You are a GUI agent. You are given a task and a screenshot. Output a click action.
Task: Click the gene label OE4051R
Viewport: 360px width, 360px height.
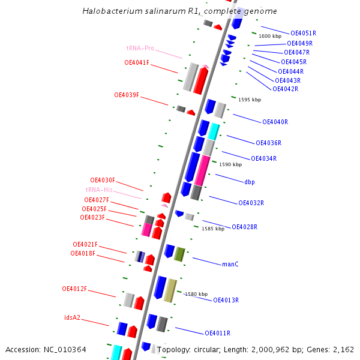[x=303, y=34]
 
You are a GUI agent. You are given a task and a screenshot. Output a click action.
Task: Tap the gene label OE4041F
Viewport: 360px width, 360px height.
[x=137, y=62]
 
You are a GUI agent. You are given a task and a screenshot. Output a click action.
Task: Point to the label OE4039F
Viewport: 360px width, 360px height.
[x=127, y=95]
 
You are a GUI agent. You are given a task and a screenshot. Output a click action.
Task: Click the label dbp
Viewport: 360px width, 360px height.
[x=250, y=182]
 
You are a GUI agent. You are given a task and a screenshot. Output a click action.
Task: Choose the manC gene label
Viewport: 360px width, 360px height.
[x=230, y=264]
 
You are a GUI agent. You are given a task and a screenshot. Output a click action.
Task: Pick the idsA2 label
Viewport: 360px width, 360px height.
[x=72, y=317]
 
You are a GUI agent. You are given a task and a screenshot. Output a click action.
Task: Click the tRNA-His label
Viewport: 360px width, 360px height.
[x=99, y=190]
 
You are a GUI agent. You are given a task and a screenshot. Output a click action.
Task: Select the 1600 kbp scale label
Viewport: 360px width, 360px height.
[x=270, y=36]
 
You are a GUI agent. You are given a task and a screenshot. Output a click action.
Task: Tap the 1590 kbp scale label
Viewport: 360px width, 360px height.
[x=230, y=164]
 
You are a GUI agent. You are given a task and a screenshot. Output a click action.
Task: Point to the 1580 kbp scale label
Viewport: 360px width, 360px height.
[x=196, y=294]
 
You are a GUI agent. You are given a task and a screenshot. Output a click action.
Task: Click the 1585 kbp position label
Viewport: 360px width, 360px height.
[x=213, y=229]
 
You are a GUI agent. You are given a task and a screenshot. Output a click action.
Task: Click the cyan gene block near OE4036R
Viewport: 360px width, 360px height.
[x=214, y=131]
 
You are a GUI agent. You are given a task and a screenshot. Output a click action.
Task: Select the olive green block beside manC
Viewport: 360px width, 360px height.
[x=179, y=254]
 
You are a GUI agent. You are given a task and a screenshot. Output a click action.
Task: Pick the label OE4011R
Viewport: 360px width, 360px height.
[x=217, y=333]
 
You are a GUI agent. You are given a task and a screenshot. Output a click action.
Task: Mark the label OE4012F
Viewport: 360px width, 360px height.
[x=74, y=289]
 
